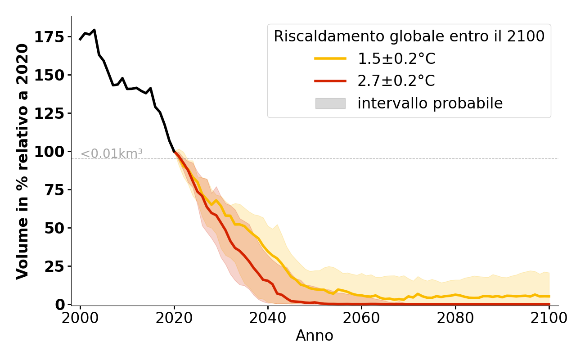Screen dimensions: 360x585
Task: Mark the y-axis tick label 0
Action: [x=59, y=305]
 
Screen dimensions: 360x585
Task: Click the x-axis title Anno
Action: [x=315, y=336]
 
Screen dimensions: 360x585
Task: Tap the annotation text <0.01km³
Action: [x=112, y=154]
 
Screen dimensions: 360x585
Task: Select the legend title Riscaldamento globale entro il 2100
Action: [x=409, y=36]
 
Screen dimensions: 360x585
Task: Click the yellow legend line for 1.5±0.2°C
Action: [x=330, y=58]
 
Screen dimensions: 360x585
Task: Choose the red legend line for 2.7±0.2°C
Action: [x=330, y=81]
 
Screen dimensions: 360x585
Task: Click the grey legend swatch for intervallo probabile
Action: [x=330, y=103]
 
